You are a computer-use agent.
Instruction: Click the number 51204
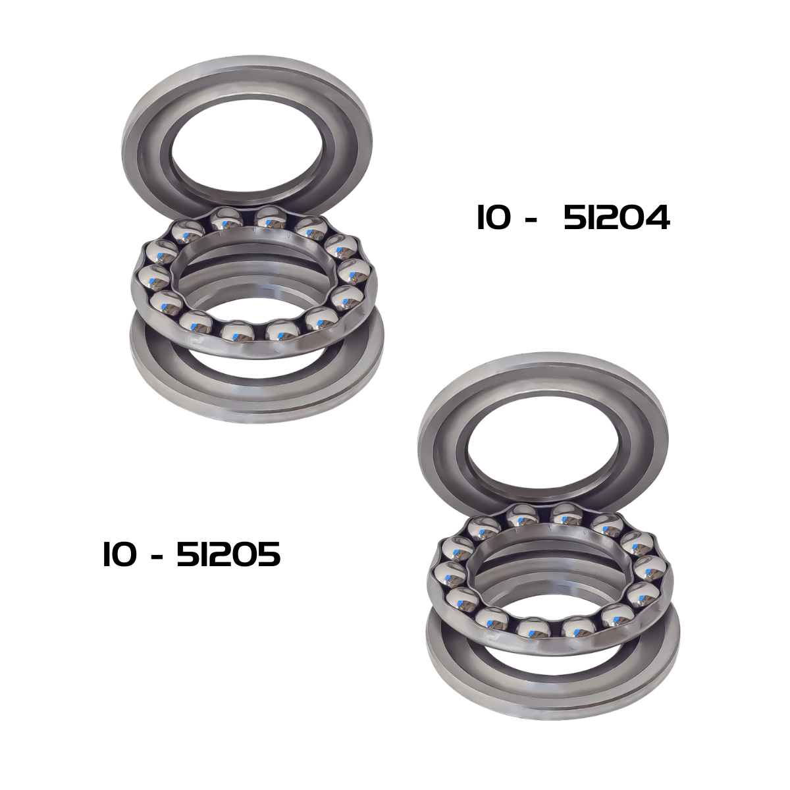coord(617,218)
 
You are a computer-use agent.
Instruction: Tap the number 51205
coord(228,555)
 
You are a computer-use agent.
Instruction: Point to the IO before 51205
coord(120,555)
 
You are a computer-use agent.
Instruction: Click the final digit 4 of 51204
coord(658,218)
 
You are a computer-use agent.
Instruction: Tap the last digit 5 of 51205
coord(268,555)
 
